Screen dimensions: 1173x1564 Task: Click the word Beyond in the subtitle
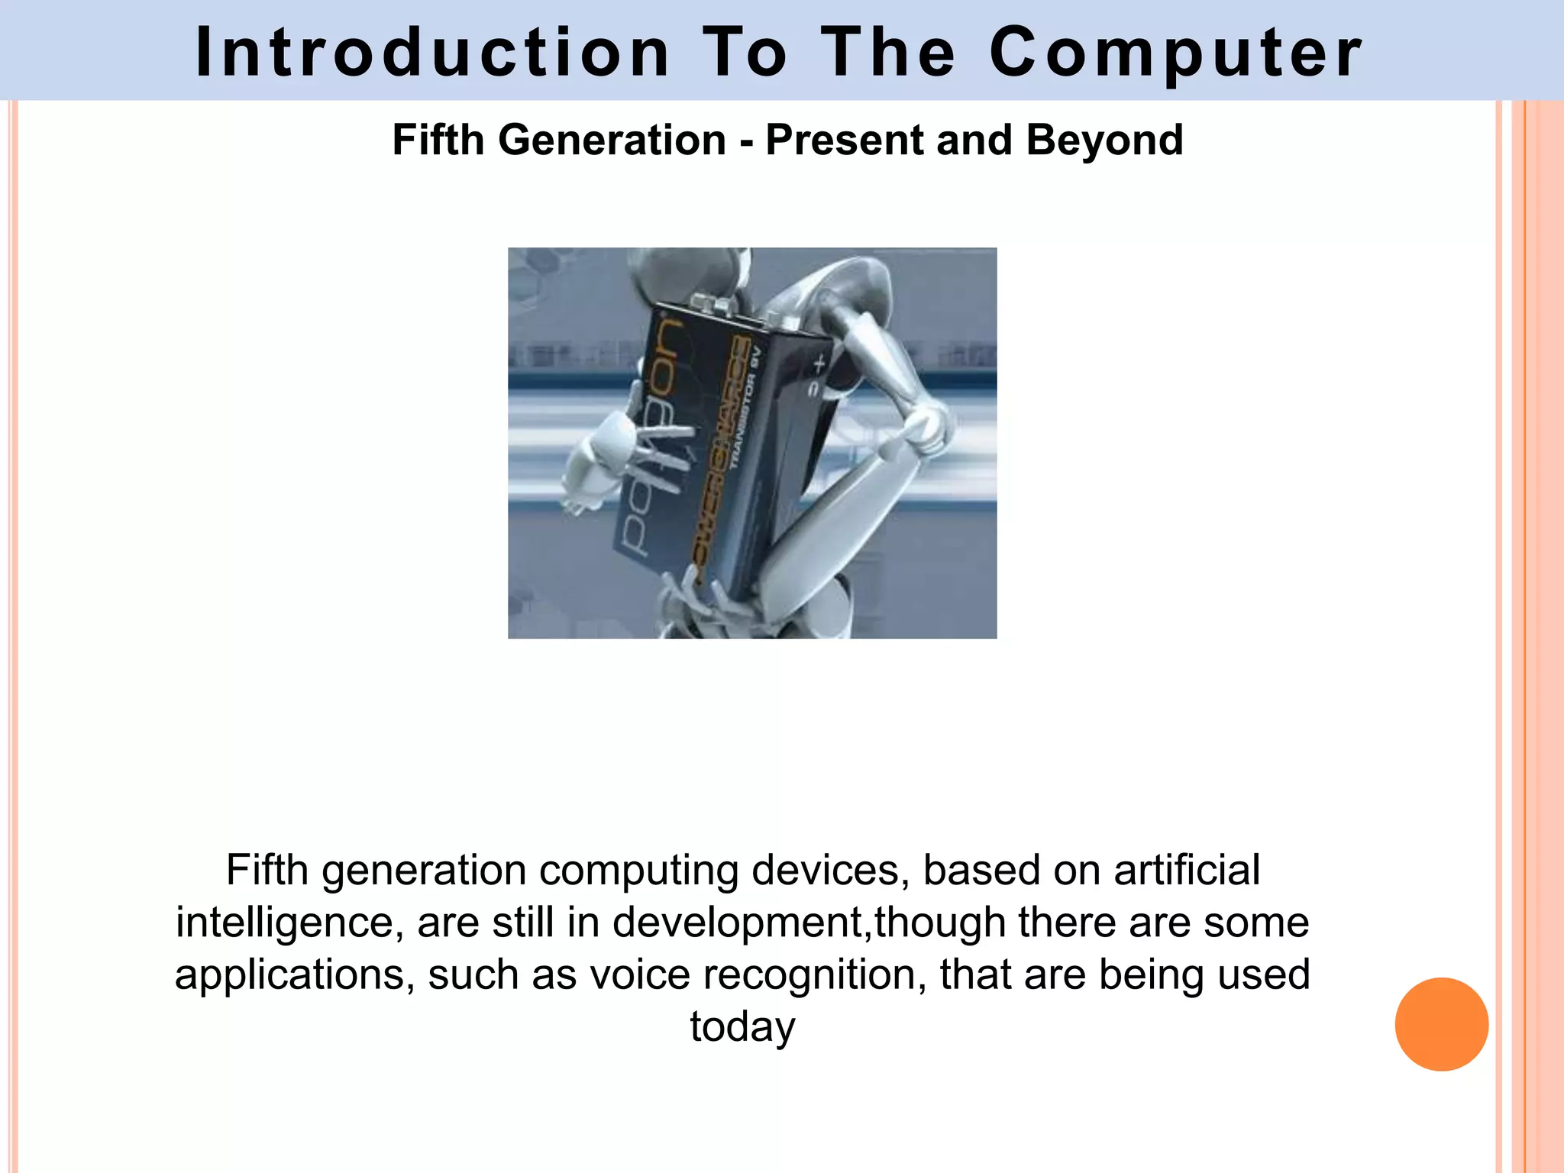1104,141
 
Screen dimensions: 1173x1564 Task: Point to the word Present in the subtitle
845,141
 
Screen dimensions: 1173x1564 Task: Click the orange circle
1441,1024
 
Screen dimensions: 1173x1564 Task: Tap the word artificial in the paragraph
1187,870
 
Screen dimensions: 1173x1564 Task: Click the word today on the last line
742,1026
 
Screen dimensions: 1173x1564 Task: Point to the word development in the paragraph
737,923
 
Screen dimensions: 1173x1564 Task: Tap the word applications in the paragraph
295,974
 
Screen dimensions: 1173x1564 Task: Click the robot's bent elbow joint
926,428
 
